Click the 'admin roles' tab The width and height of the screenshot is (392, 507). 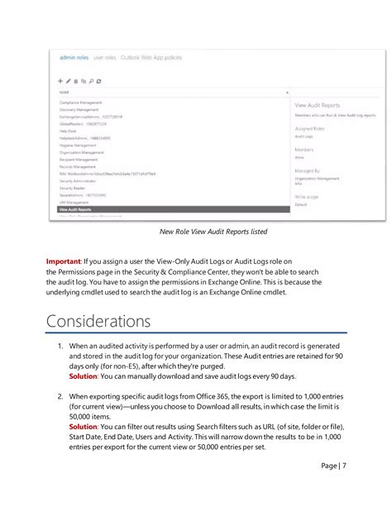point(75,57)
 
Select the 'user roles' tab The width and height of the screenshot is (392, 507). point(104,57)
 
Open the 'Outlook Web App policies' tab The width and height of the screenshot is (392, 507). point(150,57)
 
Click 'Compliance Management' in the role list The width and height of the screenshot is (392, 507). point(81,103)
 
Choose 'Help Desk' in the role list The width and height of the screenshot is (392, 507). point(68,130)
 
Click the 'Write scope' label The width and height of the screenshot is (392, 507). point(307,196)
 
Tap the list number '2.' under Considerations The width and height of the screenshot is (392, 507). point(60,397)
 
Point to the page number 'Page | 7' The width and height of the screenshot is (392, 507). point(334,465)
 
